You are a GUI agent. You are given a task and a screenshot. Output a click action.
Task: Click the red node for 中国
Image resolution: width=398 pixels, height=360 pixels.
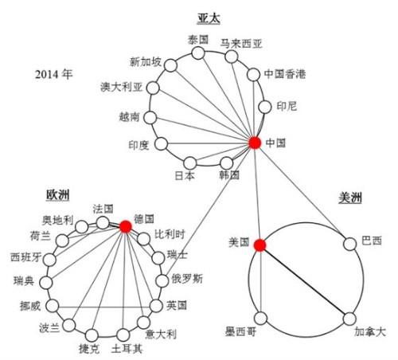(x=255, y=143)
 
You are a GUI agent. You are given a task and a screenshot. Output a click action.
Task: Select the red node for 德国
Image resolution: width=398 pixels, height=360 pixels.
(x=126, y=226)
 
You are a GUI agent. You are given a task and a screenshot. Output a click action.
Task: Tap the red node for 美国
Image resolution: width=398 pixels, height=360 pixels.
(x=259, y=245)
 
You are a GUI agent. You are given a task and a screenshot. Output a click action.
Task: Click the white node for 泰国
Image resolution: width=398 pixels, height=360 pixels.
(x=198, y=53)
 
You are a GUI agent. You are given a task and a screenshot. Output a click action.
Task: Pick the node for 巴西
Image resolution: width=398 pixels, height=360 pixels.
(x=350, y=244)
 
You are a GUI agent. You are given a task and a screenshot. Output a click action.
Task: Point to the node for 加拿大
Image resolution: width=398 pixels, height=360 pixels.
(x=349, y=319)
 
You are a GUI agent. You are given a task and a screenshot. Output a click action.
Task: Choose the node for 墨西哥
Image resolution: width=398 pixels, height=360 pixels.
(x=261, y=318)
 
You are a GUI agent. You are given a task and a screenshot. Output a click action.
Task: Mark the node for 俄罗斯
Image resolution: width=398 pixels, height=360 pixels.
(x=162, y=280)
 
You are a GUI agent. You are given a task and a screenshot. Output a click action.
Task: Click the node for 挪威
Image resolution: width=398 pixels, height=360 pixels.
(x=53, y=306)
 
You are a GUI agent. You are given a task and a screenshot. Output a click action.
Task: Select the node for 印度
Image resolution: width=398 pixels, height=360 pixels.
(x=162, y=144)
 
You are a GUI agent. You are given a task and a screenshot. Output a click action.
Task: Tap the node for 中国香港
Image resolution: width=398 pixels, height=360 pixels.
(x=253, y=75)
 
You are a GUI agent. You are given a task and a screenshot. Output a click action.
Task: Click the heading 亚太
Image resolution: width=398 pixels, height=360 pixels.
(x=209, y=19)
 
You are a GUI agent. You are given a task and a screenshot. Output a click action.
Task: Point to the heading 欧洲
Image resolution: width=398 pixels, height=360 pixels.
(x=58, y=195)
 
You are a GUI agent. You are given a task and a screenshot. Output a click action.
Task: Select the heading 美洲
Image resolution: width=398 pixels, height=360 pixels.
(x=350, y=198)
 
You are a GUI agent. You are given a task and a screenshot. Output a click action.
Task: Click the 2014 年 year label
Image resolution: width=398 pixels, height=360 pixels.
(x=54, y=74)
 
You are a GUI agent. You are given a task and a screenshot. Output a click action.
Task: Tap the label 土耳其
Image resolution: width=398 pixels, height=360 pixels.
(x=127, y=349)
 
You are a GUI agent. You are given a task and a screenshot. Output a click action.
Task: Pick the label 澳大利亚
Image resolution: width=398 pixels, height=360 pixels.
(x=122, y=87)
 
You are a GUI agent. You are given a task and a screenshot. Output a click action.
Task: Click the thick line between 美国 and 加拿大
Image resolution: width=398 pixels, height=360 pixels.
(x=305, y=282)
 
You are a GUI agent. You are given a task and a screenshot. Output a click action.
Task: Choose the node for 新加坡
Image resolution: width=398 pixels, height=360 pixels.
(x=170, y=65)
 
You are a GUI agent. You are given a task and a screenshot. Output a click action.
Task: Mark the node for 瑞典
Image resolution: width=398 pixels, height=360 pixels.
(x=46, y=283)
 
